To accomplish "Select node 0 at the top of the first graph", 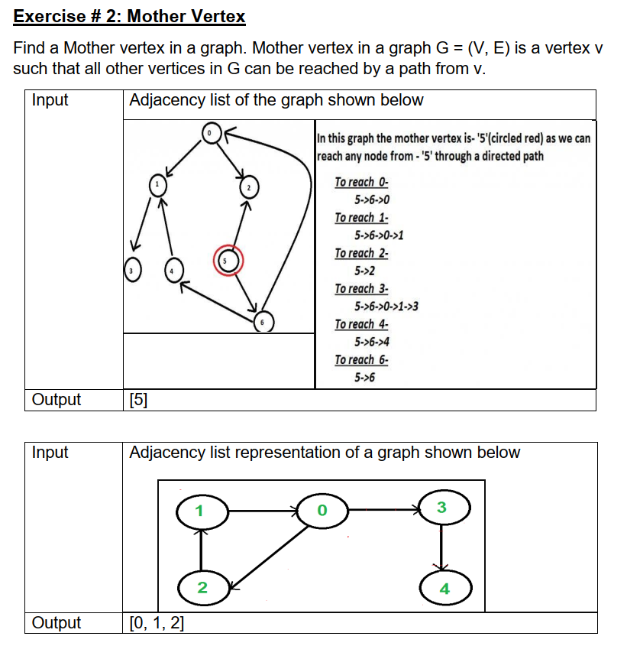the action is [x=209, y=134].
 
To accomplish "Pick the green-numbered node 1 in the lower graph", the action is [x=201, y=511].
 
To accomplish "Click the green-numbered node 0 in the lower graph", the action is [x=322, y=509].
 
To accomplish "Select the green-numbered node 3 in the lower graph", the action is [x=443, y=508].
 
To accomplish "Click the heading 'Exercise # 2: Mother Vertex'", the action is [x=130, y=16].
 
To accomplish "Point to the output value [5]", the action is [x=139, y=400].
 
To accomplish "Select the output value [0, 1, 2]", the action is [x=157, y=623].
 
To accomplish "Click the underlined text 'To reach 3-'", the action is [x=361, y=288].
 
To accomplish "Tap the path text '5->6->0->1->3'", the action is [x=386, y=307].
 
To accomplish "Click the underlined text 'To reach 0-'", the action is [x=361, y=182].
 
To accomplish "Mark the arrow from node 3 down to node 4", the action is [x=441, y=547].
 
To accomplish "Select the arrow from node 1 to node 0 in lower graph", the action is [x=263, y=509].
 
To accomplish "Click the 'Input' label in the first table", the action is [x=50, y=100].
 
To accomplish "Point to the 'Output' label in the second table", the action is [x=57, y=623].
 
